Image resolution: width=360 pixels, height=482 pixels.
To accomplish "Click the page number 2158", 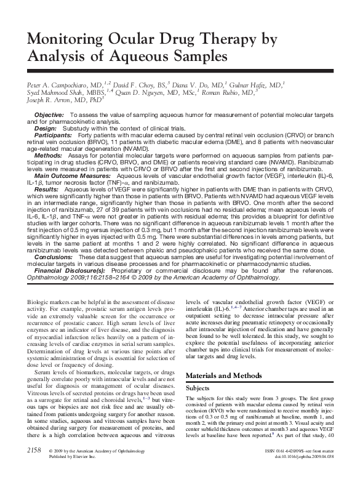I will click(x=30, y=469).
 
